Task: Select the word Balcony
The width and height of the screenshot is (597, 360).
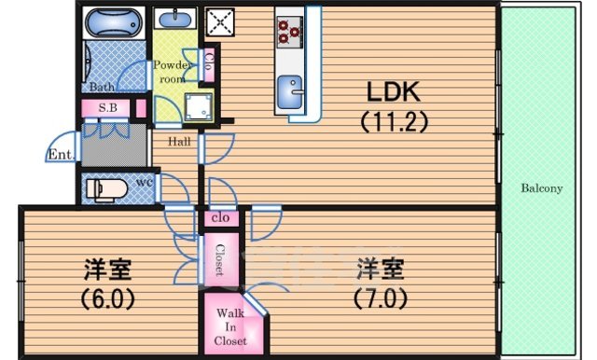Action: click(x=541, y=188)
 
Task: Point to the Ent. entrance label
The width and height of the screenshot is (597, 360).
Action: click(x=61, y=154)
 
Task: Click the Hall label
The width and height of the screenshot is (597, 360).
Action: click(x=180, y=142)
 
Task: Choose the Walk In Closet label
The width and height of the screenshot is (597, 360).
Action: click(x=230, y=327)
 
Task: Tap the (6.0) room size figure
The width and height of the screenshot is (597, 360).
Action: click(x=106, y=299)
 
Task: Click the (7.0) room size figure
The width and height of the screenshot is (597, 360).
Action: click(x=379, y=299)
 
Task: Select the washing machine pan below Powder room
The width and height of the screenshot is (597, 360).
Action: click(x=200, y=107)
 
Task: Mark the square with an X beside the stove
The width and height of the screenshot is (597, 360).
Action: click(x=219, y=21)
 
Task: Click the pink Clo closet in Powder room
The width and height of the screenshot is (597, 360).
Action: click(x=210, y=65)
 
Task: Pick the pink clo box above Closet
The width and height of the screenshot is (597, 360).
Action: click(x=221, y=218)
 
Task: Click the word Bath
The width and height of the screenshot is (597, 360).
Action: click(x=102, y=87)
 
